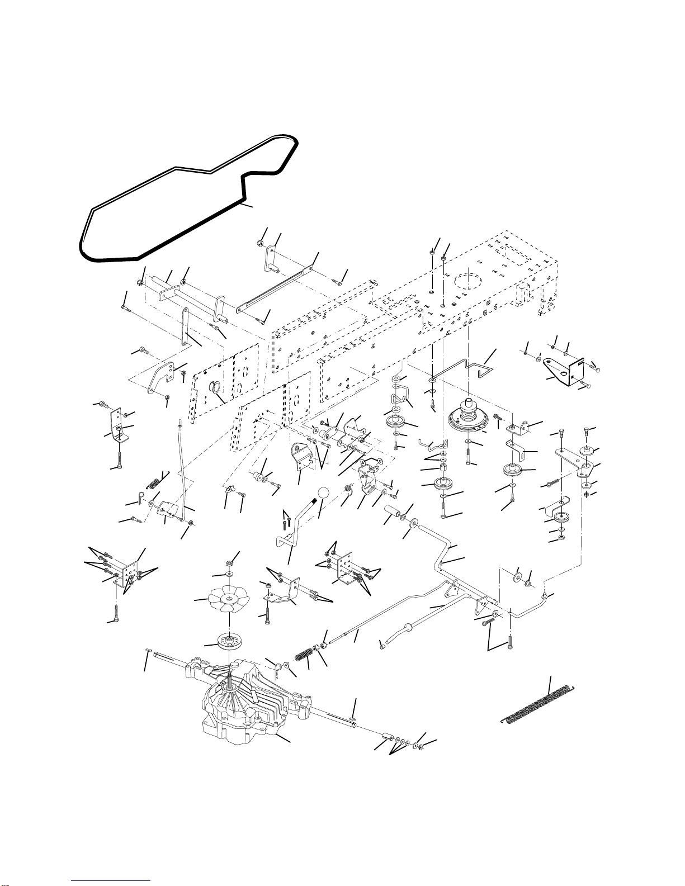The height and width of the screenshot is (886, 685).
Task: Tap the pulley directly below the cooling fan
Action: (x=229, y=642)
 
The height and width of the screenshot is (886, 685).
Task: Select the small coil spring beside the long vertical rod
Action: (x=157, y=478)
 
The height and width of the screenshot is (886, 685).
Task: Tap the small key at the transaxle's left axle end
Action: (x=149, y=650)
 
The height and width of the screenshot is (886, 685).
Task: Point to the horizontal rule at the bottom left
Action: (x=112, y=880)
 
